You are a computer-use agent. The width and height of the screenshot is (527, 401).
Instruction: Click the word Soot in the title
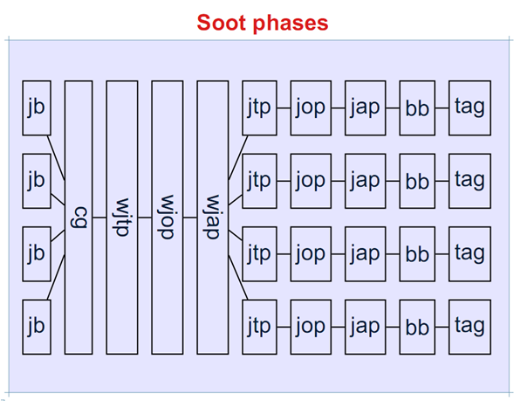223,22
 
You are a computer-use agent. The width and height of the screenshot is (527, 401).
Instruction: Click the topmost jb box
36,108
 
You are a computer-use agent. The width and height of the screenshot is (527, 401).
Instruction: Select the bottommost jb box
36,327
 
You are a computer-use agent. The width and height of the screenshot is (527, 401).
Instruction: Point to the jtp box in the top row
259,108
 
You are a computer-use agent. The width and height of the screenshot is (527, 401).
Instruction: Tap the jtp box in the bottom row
259,327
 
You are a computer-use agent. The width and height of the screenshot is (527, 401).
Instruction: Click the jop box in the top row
310,108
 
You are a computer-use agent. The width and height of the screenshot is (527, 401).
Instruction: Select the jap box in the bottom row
364,327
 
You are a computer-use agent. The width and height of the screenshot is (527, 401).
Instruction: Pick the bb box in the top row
418,108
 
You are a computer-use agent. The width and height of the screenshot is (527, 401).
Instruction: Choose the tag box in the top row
469,108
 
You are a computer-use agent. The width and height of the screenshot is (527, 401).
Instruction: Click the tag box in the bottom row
469,327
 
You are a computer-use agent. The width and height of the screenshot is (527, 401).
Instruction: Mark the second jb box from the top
36,181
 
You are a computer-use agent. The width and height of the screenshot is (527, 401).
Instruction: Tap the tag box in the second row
469,181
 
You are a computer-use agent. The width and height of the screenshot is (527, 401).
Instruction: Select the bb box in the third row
418,254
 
